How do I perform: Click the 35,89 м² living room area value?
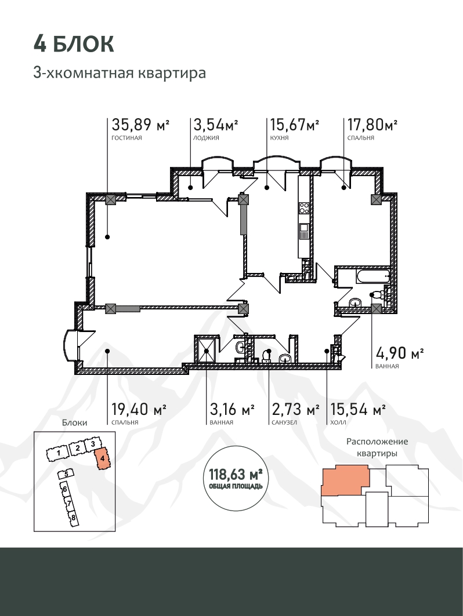coord(140,125)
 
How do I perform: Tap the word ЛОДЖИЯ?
coord(206,138)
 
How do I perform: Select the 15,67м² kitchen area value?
coord(294,125)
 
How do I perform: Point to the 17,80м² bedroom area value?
coord(372,125)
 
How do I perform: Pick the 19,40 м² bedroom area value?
coord(139,409)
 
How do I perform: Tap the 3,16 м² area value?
coord(232,409)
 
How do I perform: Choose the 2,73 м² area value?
coord(295,409)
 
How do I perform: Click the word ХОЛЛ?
coord(338,422)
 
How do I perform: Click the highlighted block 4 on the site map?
coord(102,458)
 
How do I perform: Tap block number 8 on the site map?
coord(73,517)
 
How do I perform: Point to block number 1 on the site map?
coord(58,454)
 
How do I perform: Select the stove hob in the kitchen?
coord(304,207)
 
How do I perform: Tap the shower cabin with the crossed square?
coord(206,349)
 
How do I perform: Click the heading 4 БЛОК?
coord(74,43)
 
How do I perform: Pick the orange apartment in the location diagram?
coord(345,480)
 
